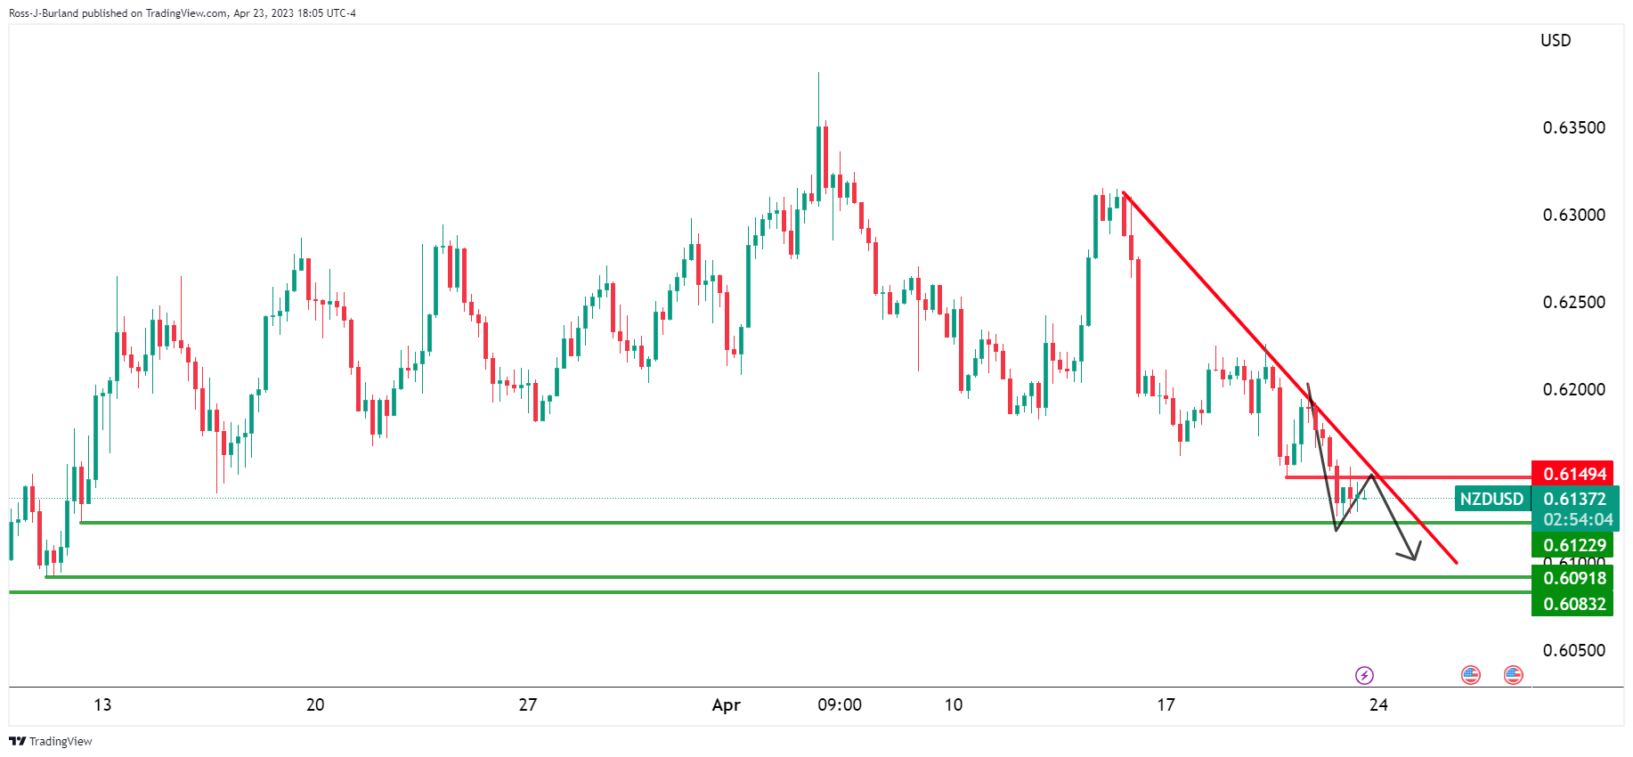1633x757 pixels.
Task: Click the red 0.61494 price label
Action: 1574,474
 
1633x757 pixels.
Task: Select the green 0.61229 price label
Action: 1574,545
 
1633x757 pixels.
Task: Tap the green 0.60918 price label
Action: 1574,578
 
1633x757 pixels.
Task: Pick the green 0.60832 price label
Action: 1574,604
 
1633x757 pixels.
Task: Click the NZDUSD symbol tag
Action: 1491,499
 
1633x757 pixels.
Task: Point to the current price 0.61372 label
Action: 1574,499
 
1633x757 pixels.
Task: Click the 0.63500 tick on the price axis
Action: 1573,127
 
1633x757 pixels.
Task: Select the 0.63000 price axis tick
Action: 1573,215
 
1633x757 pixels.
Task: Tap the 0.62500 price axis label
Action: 1573,302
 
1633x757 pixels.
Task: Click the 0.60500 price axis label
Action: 1573,650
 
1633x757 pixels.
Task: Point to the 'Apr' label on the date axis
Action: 726,705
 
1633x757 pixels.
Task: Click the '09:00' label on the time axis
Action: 839,705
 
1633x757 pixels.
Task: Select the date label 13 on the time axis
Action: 102,705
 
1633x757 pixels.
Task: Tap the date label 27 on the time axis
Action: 528,705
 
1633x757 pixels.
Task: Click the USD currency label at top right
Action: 1556,40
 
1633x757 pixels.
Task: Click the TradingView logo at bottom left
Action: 51,741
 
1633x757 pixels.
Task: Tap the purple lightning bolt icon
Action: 1364,675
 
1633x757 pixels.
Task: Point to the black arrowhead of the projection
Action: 1412,558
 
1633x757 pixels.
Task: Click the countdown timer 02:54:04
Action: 1578,519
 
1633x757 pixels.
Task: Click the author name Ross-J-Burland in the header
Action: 44,13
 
